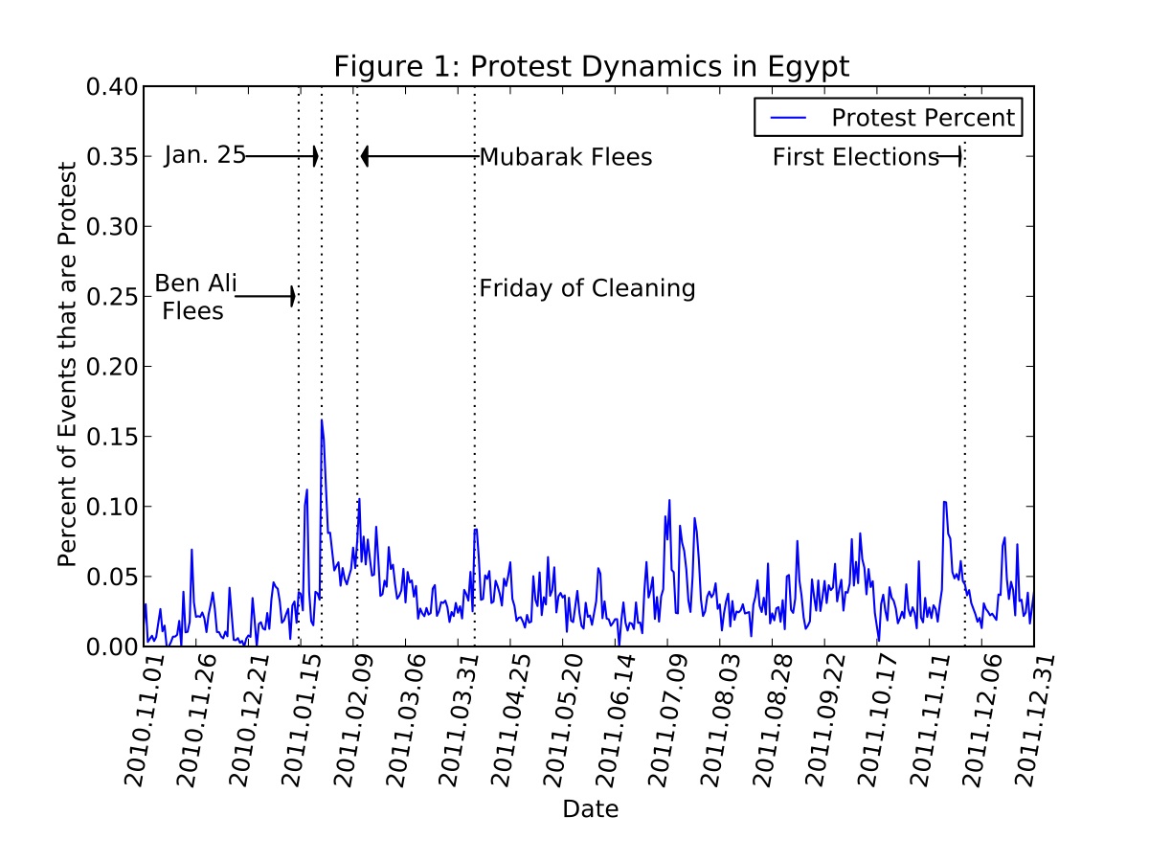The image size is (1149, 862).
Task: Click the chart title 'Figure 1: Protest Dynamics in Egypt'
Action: point(591,67)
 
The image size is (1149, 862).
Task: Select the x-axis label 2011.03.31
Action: point(459,720)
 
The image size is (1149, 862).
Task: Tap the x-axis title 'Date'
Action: point(590,809)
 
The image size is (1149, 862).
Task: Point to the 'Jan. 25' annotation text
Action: point(204,156)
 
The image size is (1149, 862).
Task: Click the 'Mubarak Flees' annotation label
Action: point(565,157)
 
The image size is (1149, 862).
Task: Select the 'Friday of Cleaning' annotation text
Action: point(587,288)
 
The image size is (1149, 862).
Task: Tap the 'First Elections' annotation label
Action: point(856,157)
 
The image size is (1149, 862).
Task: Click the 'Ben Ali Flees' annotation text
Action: point(195,297)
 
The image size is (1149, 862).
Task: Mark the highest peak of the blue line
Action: point(322,420)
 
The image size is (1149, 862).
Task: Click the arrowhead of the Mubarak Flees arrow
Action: point(365,156)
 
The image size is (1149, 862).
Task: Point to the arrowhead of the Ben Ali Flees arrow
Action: point(293,297)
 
